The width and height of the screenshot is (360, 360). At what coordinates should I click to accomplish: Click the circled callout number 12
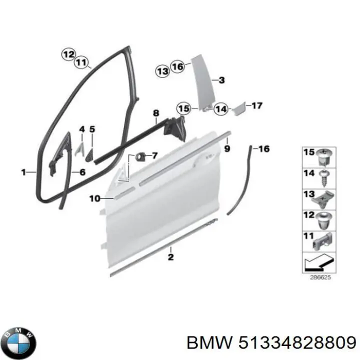[x=68, y=55]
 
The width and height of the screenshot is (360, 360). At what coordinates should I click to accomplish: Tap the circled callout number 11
[x=81, y=62]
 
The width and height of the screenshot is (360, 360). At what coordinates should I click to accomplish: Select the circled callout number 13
[x=163, y=71]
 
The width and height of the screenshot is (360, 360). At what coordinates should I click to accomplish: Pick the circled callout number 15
[x=184, y=108]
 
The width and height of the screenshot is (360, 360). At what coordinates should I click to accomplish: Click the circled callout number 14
[x=221, y=109]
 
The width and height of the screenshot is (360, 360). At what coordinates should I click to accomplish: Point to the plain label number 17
[x=257, y=105]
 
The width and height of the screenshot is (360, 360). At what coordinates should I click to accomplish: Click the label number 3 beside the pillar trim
[x=221, y=80]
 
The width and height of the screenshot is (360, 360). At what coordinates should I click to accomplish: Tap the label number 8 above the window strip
[x=156, y=113]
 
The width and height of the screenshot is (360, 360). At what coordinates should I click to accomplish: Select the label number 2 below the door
[x=171, y=257]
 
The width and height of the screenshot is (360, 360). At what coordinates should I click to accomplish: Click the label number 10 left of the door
[x=95, y=198]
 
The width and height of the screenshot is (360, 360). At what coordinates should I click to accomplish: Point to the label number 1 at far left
[x=23, y=172]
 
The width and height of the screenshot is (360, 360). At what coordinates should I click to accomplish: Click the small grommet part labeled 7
[x=140, y=156]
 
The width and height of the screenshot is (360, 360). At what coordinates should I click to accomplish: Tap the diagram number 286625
[x=320, y=277]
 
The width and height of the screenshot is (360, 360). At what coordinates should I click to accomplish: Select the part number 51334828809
[x=297, y=343]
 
